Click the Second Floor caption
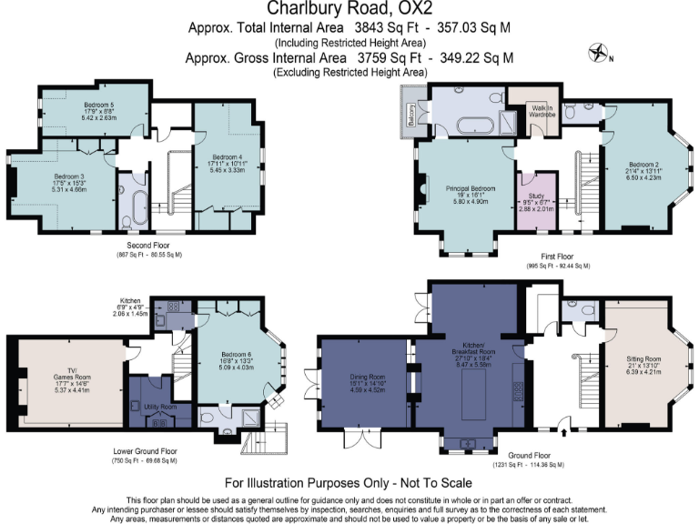(148, 245)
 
